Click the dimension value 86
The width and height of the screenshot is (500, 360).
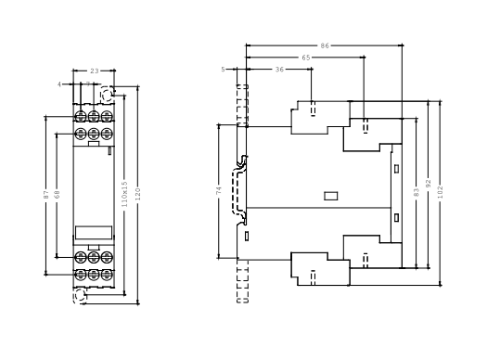pyautogui.click(x=325, y=45)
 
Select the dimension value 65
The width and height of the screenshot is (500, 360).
pyautogui.click(x=305, y=58)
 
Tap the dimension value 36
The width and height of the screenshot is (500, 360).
pyautogui.click(x=279, y=70)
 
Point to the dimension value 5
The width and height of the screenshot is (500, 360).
pyautogui.click(x=223, y=70)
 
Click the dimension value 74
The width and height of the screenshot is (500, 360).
pyautogui.click(x=218, y=191)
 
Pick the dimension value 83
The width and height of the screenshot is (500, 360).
pyautogui.click(x=416, y=192)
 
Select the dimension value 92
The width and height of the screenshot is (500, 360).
pyautogui.click(x=429, y=184)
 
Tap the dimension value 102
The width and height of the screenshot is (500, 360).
pyautogui.click(x=441, y=192)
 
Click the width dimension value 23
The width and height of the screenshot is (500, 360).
pyautogui.click(x=95, y=71)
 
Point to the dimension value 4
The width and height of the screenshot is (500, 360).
pyautogui.click(x=59, y=84)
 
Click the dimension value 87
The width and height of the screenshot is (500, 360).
pyautogui.click(x=46, y=195)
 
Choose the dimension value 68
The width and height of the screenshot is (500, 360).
pyautogui.click(x=58, y=194)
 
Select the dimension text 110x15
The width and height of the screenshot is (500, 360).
pyautogui.click(x=124, y=194)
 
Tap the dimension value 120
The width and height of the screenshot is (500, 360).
pyautogui.click(x=137, y=194)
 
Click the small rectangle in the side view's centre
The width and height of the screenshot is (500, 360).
pyautogui.click(x=330, y=196)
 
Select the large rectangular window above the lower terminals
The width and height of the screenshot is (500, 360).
pyautogui.click(x=94, y=233)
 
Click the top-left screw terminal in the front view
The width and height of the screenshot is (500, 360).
pyautogui.click(x=81, y=116)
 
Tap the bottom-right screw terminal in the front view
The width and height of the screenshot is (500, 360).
pyautogui.click(x=107, y=275)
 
